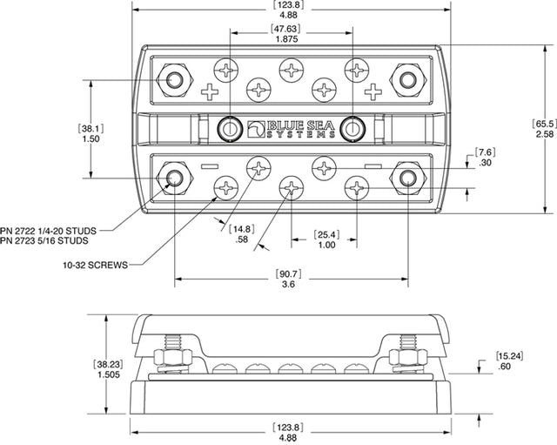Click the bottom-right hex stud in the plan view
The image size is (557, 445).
pyautogui.click(x=406, y=179)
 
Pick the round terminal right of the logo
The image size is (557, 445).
pyautogui.click(x=352, y=128)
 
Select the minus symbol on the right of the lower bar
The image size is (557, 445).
pyautogui.click(x=372, y=165)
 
